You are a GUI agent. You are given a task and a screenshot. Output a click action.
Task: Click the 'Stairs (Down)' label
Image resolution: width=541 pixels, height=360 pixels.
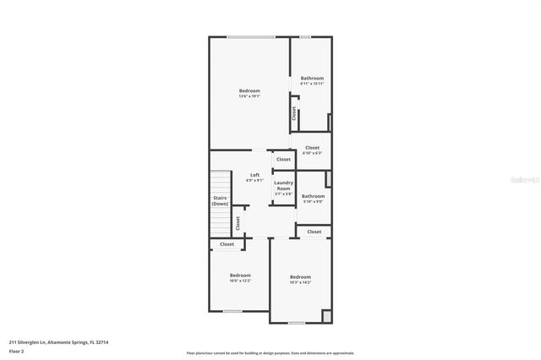pyautogui.click(x=220, y=201)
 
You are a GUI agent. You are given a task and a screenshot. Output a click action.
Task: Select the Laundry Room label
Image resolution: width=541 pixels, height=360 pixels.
pyautogui.click(x=283, y=186)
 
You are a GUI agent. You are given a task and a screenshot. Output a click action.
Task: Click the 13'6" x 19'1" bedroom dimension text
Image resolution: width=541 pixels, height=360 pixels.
pyautogui.click(x=249, y=96)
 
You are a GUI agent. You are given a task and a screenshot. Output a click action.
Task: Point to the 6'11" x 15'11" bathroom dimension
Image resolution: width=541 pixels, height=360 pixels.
pyautogui.click(x=312, y=84)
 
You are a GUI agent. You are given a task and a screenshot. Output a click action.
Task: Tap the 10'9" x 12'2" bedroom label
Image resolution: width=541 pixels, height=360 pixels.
pyautogui.click(x=240, y=281)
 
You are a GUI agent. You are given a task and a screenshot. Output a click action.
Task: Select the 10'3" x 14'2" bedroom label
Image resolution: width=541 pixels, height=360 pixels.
pyautogui.click(x=300, y=282)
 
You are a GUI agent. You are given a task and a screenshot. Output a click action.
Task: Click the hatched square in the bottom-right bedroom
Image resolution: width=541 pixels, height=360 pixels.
pyautogui.click(x=326, y=317)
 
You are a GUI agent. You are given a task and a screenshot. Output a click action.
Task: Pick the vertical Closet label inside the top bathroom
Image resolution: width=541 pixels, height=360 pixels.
pyautogui.click(x=294, y=113)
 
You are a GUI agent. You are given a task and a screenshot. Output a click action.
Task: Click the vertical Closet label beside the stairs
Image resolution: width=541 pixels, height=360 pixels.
pyautogui.click(x=238, y=222)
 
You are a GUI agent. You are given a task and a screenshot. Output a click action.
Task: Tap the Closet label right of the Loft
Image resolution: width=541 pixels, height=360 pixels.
pyautogui.click(x=283, y=159)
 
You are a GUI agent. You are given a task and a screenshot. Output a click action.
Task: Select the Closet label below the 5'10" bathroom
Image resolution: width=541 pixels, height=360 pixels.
pyautogui.click(x=314, y=232)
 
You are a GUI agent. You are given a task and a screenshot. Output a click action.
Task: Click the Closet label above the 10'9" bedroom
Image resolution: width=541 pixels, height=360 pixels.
pyautogui.click(x=227, y=244)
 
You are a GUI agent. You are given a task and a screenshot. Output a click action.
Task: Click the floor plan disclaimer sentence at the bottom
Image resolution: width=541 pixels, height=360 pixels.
pyautogui.click(x=270, y=352)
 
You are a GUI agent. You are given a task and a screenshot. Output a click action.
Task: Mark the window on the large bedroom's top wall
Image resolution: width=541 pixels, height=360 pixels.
pyautogui.click(x=250, y=36)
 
